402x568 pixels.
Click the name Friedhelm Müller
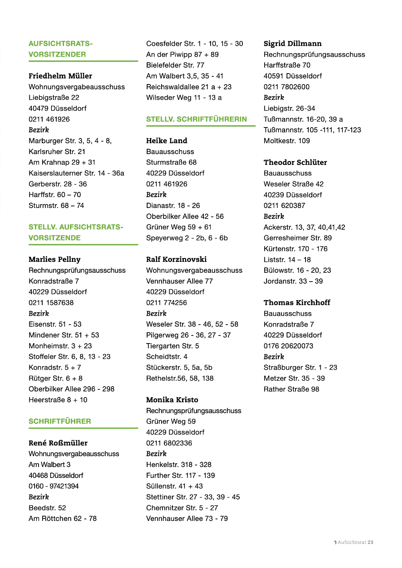pyautogui.click(x=60, y=76)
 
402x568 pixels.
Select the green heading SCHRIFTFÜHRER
pyautogui.click(x=60, y=421)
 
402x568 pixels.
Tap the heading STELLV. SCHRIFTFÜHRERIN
pyautogui.click(x=197, y=119)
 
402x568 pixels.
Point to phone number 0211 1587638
pyautogui.click(x=51, y=303)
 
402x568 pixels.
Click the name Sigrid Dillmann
pyautogui.click(x=293, y=43)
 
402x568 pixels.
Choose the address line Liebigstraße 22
pyautogui.click(x=54, y=97)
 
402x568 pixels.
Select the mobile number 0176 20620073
pyautogui.click(x=288, y=346)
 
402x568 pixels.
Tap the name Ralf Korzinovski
pyautogui.click(x=176, y=259)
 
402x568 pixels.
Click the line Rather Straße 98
pyautogui.click(x=291, y=389)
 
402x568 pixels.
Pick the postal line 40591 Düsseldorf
pyautogui.click(x=293, y=76)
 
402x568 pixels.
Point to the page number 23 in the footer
pyautogui.click(x=370, y=542)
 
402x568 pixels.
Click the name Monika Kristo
pyautogui.click(x=172, y=400)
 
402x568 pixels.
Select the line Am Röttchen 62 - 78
pyautogui.click(x=63, y=519)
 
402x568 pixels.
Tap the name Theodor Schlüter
pyautogui.click(x=295, y=163)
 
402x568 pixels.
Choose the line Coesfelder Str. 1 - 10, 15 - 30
pyautogui.click(x=195, y=43)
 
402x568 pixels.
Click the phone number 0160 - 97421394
pyautogui.click(x=54, y=486)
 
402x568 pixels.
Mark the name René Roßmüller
pyautogui.click(x=58, y=443)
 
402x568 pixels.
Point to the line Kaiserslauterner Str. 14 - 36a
pyautogui.click(x=76, y=173)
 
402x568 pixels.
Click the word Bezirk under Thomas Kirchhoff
pyautogui.click(x=274, y=357)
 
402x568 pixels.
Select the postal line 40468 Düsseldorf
pyautogui.click(x=56, y=475)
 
